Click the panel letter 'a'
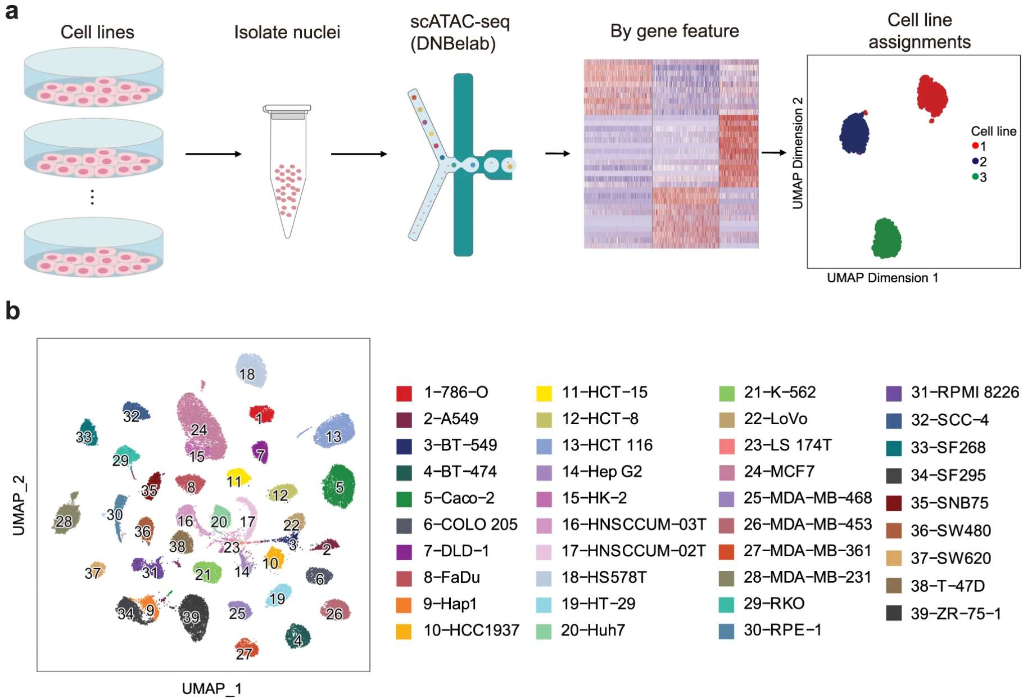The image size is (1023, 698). tap(11, 11)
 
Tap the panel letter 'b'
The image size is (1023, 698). tap(12, 311)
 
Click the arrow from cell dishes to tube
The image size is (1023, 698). tap(213, 154)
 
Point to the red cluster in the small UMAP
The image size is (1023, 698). tap(932, 97)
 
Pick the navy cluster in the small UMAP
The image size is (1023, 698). tap(854, 133)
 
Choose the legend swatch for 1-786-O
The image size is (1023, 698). tap(404, 393)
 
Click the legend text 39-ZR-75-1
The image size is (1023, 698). tap(956, 614)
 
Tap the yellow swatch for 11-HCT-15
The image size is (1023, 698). tap(544, 393)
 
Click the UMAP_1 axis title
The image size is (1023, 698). tap(211, 688)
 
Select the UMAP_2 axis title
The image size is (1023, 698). tap(19, 505)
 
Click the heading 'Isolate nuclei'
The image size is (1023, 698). tap(287, 33)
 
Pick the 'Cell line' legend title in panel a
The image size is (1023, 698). tap(993, 131)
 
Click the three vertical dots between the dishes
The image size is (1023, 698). tap(92, 197)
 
